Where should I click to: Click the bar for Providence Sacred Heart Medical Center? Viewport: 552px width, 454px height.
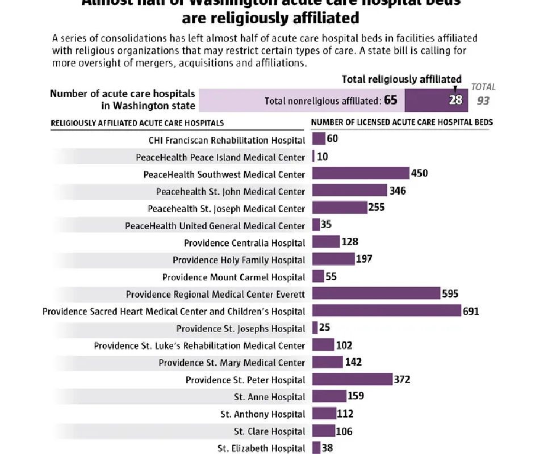pos(386,311)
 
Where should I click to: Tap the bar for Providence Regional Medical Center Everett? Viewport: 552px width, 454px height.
pos(376,294)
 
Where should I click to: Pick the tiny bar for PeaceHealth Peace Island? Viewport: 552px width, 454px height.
pos(313,157)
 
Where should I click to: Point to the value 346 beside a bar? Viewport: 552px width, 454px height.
pos(398,191)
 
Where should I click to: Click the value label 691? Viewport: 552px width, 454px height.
pos(471,312)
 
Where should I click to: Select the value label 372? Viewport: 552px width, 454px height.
pos(402,380)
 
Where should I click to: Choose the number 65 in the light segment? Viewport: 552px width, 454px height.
pos(390,101)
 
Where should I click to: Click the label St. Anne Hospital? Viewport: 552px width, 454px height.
pos(269,397)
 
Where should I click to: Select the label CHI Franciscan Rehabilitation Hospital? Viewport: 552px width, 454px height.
pos(227,140)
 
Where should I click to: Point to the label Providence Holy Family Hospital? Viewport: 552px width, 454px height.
pos(239,260)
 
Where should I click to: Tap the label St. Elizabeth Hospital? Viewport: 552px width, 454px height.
pos(261,448)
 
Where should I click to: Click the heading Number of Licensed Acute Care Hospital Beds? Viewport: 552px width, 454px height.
pos(402,122)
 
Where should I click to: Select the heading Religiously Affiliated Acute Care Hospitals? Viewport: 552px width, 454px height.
pos(137,123)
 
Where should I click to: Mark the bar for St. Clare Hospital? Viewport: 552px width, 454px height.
pos(324,431)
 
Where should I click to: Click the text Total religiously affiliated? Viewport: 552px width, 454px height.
pos(402,79)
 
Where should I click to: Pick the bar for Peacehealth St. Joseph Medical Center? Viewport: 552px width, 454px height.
pos(340,208)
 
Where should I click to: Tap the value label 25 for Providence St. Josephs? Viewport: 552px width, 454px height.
pos(324,328)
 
